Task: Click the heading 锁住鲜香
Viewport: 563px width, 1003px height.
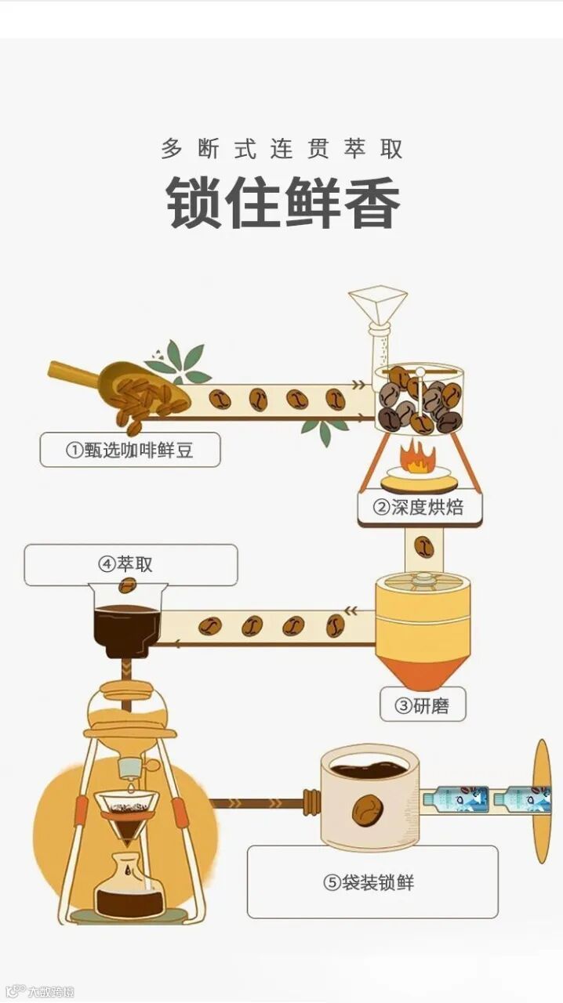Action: pyautogui.click(x=283, y=203)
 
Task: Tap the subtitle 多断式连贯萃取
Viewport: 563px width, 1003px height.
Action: pyautogui.click(x=282, y=149)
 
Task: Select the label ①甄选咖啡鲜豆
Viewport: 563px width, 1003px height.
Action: pyautogui.click(x=130, y=450)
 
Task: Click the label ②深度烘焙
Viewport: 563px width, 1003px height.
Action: pyautogui.click(x=418, y=507)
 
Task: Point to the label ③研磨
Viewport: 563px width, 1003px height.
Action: pyautogui.click(x=422, y=706)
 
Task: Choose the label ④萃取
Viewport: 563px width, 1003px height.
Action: pyautogui.click(x=126, y=564)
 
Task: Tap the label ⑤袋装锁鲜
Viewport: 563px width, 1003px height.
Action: pyautogui.click(x=369, y=882)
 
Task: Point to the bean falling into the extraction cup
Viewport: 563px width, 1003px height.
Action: pyautogui.click(x=127, y=585)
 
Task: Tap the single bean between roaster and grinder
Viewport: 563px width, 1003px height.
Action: pyautogui.click(x=423, y=546)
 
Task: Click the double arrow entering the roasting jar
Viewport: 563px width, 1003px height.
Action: pyautogui.click(x=358, y=384)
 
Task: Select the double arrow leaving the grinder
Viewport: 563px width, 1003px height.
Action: pyautogui.click(x=351, y=610)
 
